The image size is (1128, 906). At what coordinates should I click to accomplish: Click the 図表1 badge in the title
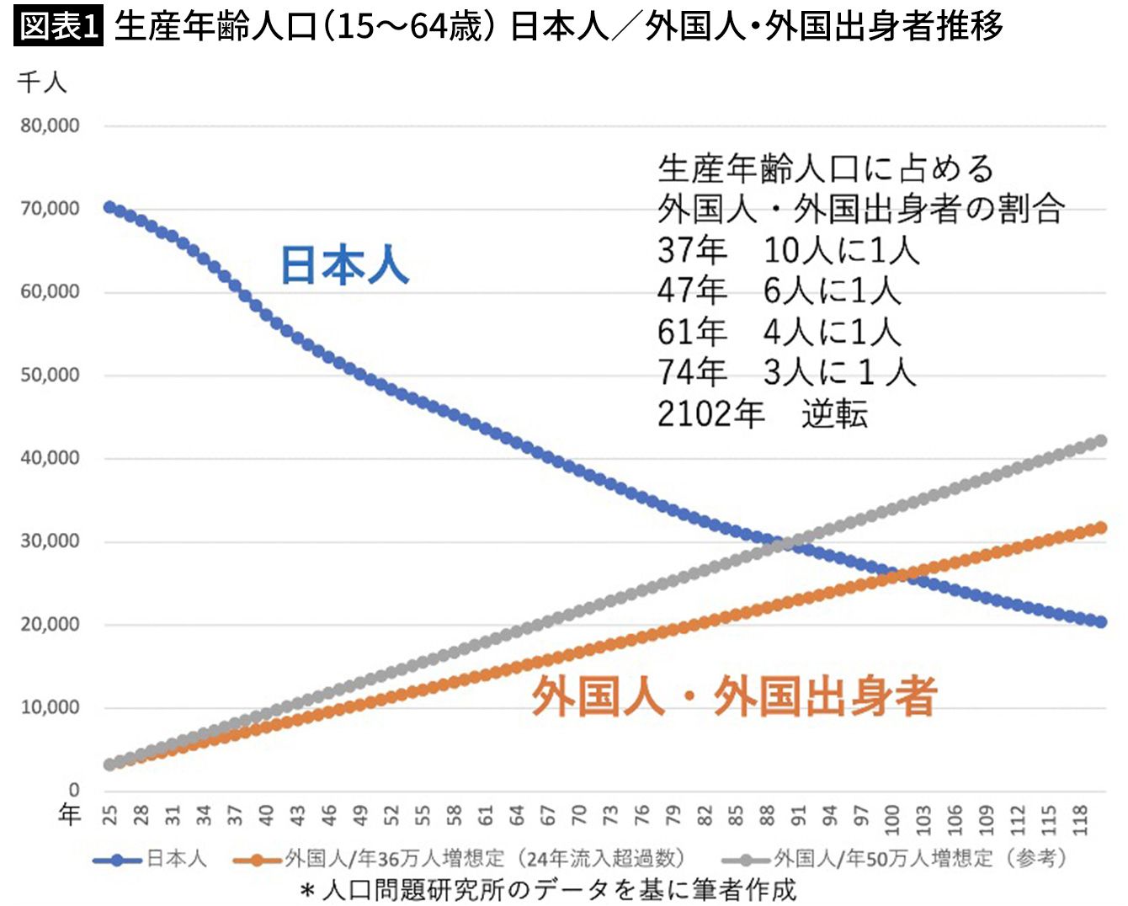[x=57, y=26]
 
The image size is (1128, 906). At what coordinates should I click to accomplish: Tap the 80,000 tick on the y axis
[x=51, y=125]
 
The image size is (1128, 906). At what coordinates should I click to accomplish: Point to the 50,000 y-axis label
[x=51, y=375]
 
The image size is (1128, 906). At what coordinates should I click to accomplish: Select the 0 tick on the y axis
[x=74, y=789]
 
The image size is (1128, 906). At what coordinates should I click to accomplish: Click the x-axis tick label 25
[x=110, y=814]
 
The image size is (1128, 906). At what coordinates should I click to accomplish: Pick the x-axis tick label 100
[x=891, y=818]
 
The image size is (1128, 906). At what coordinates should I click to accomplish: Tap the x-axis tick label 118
[x=1080, y=818]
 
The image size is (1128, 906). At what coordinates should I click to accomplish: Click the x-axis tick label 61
[x=486, y=814]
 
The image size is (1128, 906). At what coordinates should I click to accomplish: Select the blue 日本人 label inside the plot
[x=344, y=265]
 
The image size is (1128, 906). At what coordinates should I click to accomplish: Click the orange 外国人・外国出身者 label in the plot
[x=734, y=697]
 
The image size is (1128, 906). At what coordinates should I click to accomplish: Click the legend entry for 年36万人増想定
[x=459, y=859]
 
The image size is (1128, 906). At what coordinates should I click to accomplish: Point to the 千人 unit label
[x=41, y=83]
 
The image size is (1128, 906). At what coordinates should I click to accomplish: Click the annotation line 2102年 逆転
[x=762, y=414]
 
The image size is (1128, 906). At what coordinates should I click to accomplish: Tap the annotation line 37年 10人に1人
[x=788, y=250]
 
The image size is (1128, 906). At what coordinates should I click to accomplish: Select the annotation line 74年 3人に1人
[x=786, y=371]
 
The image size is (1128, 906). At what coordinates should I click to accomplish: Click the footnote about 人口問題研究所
[x=547, y=889]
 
